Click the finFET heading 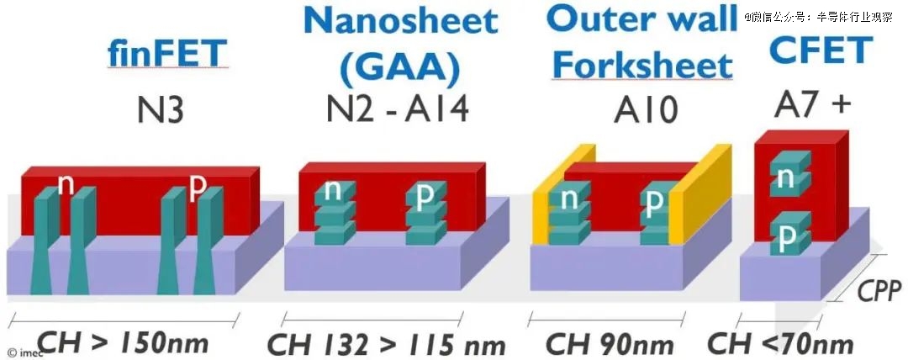(x=167, y=53)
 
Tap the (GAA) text (x=400, y=67)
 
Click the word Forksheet (x=643, y=65)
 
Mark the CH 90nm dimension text (x=610, y=343)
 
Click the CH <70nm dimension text (x=780, y=342)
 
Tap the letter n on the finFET (x=66, y=184)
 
